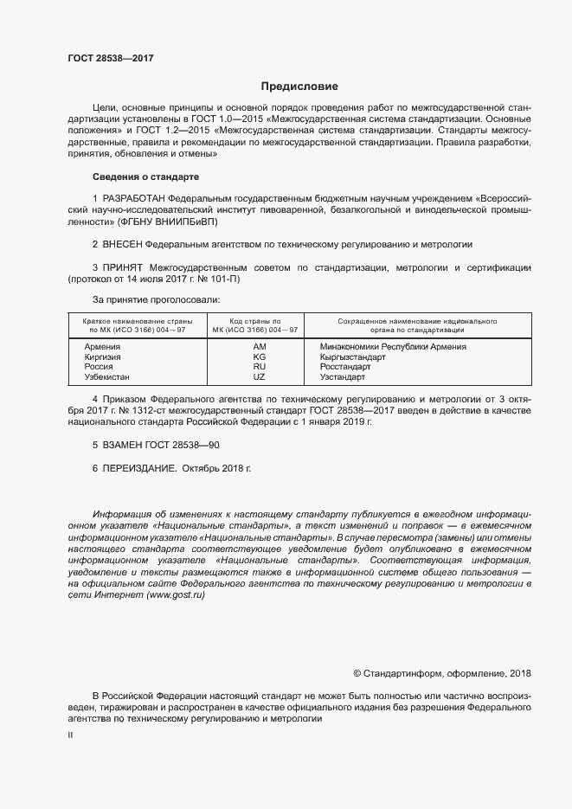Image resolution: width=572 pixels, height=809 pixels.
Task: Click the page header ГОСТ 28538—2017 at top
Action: (110, 59)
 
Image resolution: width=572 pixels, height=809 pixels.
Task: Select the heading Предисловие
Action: (299, 87)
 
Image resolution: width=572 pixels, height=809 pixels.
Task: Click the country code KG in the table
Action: (259, 357)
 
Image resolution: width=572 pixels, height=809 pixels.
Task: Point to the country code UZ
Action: (259, 378)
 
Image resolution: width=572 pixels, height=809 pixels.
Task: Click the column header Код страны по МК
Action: (258, 325)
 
